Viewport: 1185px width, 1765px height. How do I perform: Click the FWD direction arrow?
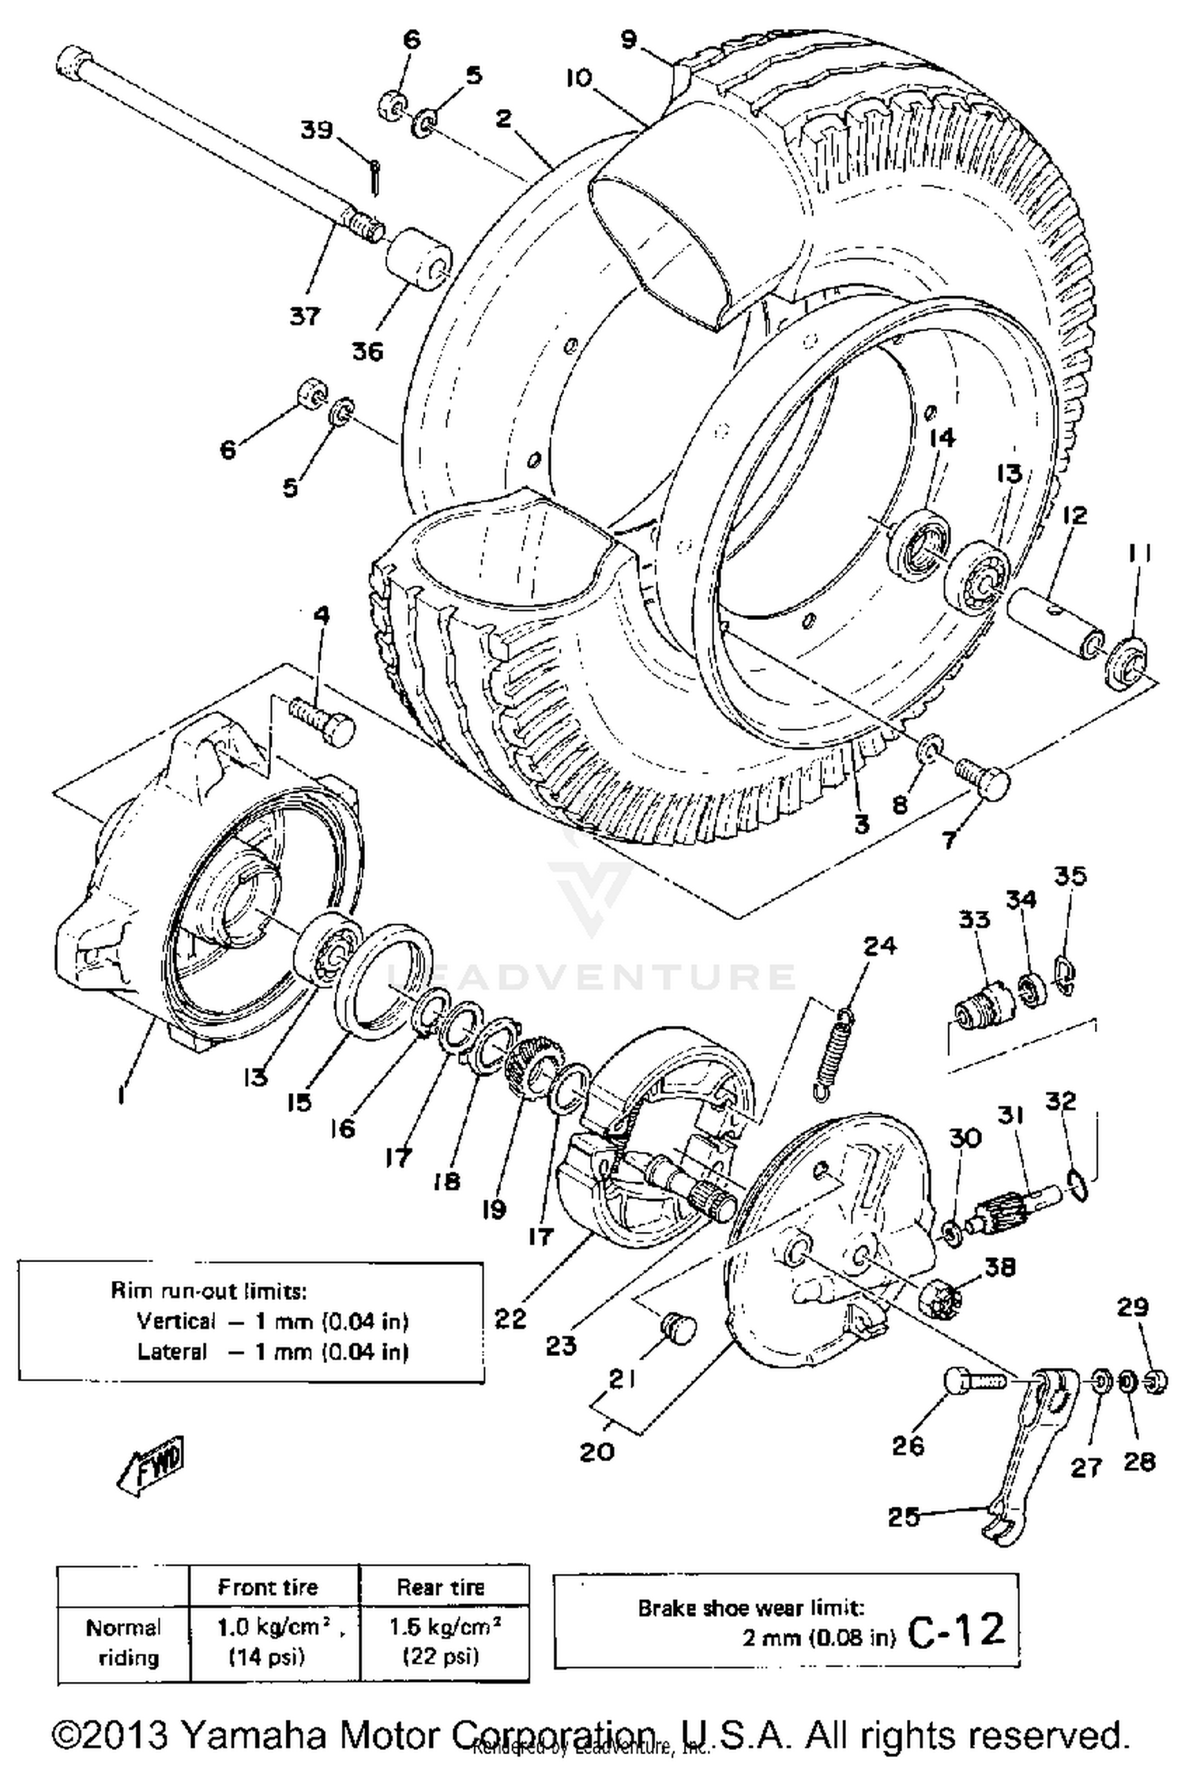click(150, 1465)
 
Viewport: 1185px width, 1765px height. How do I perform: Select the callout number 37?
click(305, 316)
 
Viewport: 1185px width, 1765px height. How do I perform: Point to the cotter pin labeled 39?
click(375, 176)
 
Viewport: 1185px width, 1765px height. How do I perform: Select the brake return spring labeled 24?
click(833, 1054)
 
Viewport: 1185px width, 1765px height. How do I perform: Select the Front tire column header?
click(267, 1587)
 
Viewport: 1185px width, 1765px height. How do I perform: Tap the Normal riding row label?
click(123, 1642)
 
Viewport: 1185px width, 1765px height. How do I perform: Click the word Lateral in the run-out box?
click(171, 1351)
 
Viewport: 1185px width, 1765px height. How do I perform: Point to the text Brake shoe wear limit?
click(750, 1608)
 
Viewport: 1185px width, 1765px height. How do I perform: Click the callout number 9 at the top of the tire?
click(628, 39)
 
